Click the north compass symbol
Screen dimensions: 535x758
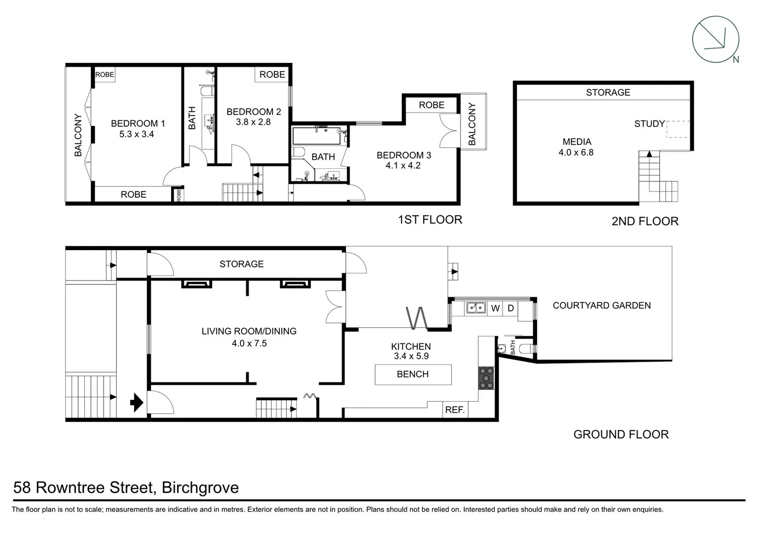(x=715, y=40)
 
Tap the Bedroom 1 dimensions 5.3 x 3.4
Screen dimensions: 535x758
(x=136, y=134)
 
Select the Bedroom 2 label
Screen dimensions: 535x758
(x=253, y=112)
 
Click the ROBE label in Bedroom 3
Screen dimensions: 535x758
(x=431, y=105)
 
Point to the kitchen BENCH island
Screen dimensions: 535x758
(x=413, y=374)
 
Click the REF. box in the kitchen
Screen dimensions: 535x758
(x=454, y=410)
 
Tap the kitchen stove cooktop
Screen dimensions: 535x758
(x=486, y=378)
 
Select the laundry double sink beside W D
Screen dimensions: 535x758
(x=476, y=308)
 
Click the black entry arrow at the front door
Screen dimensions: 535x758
(x=136, y=402)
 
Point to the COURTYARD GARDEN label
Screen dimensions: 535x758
(x=601, y=306)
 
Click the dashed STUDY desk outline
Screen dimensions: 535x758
(x=678, y=129)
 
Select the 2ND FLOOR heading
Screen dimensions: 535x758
(x=644, y=221)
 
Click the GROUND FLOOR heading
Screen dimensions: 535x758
(x=621, y=434)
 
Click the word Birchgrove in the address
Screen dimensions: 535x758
(x=200, y=487)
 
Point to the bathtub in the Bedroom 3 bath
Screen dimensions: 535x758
(x=316, y=136)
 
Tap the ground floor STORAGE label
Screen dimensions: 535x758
(x=241, y=264)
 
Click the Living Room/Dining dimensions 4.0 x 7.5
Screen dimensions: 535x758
(x=249, y=343)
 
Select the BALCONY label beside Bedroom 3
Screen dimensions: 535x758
(x=472, y=124)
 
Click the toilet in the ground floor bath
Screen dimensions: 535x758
(x=527, y=349)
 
